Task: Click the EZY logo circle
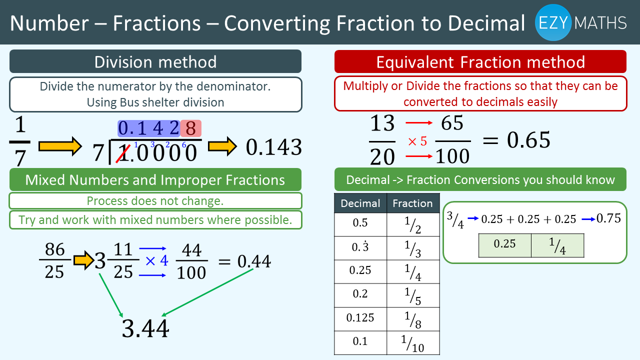pyautogui.click(x=553, y=22)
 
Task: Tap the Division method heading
pyautogui.click(x=155, y=61)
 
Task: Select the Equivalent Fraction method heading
pyautogui.click(x=480, y=61)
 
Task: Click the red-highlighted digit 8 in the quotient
pyautogui.click(x=191, y=128)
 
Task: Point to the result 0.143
pyautogui.click(x=273, y=147)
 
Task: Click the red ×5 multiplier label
pyautogui.click(x=417, y=141)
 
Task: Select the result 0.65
pyautogui.click(x=528, y=140)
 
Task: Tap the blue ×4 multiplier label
pyautogui.click(x=157, y=260)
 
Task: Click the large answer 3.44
pyautogui.click(x=145, y=328)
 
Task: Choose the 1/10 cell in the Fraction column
pyautogui.click(x=413, y=343)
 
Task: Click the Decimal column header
pyautogui.click(x=360, y=203)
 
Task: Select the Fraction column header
pyautogui.click(x=413, y=203)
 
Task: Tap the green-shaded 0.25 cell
pyautogui.click(x=505, y=245)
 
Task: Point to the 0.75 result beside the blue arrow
pyautogui.click(x=608, y=218)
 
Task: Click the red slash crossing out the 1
pyautogui.click(x=123, y=153)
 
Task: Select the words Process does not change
pyautogui.click(x=155, y=201)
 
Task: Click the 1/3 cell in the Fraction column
pyautogui.click(x=413, y=248)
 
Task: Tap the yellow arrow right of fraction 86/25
pyautogui.click(x=83, y=260)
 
